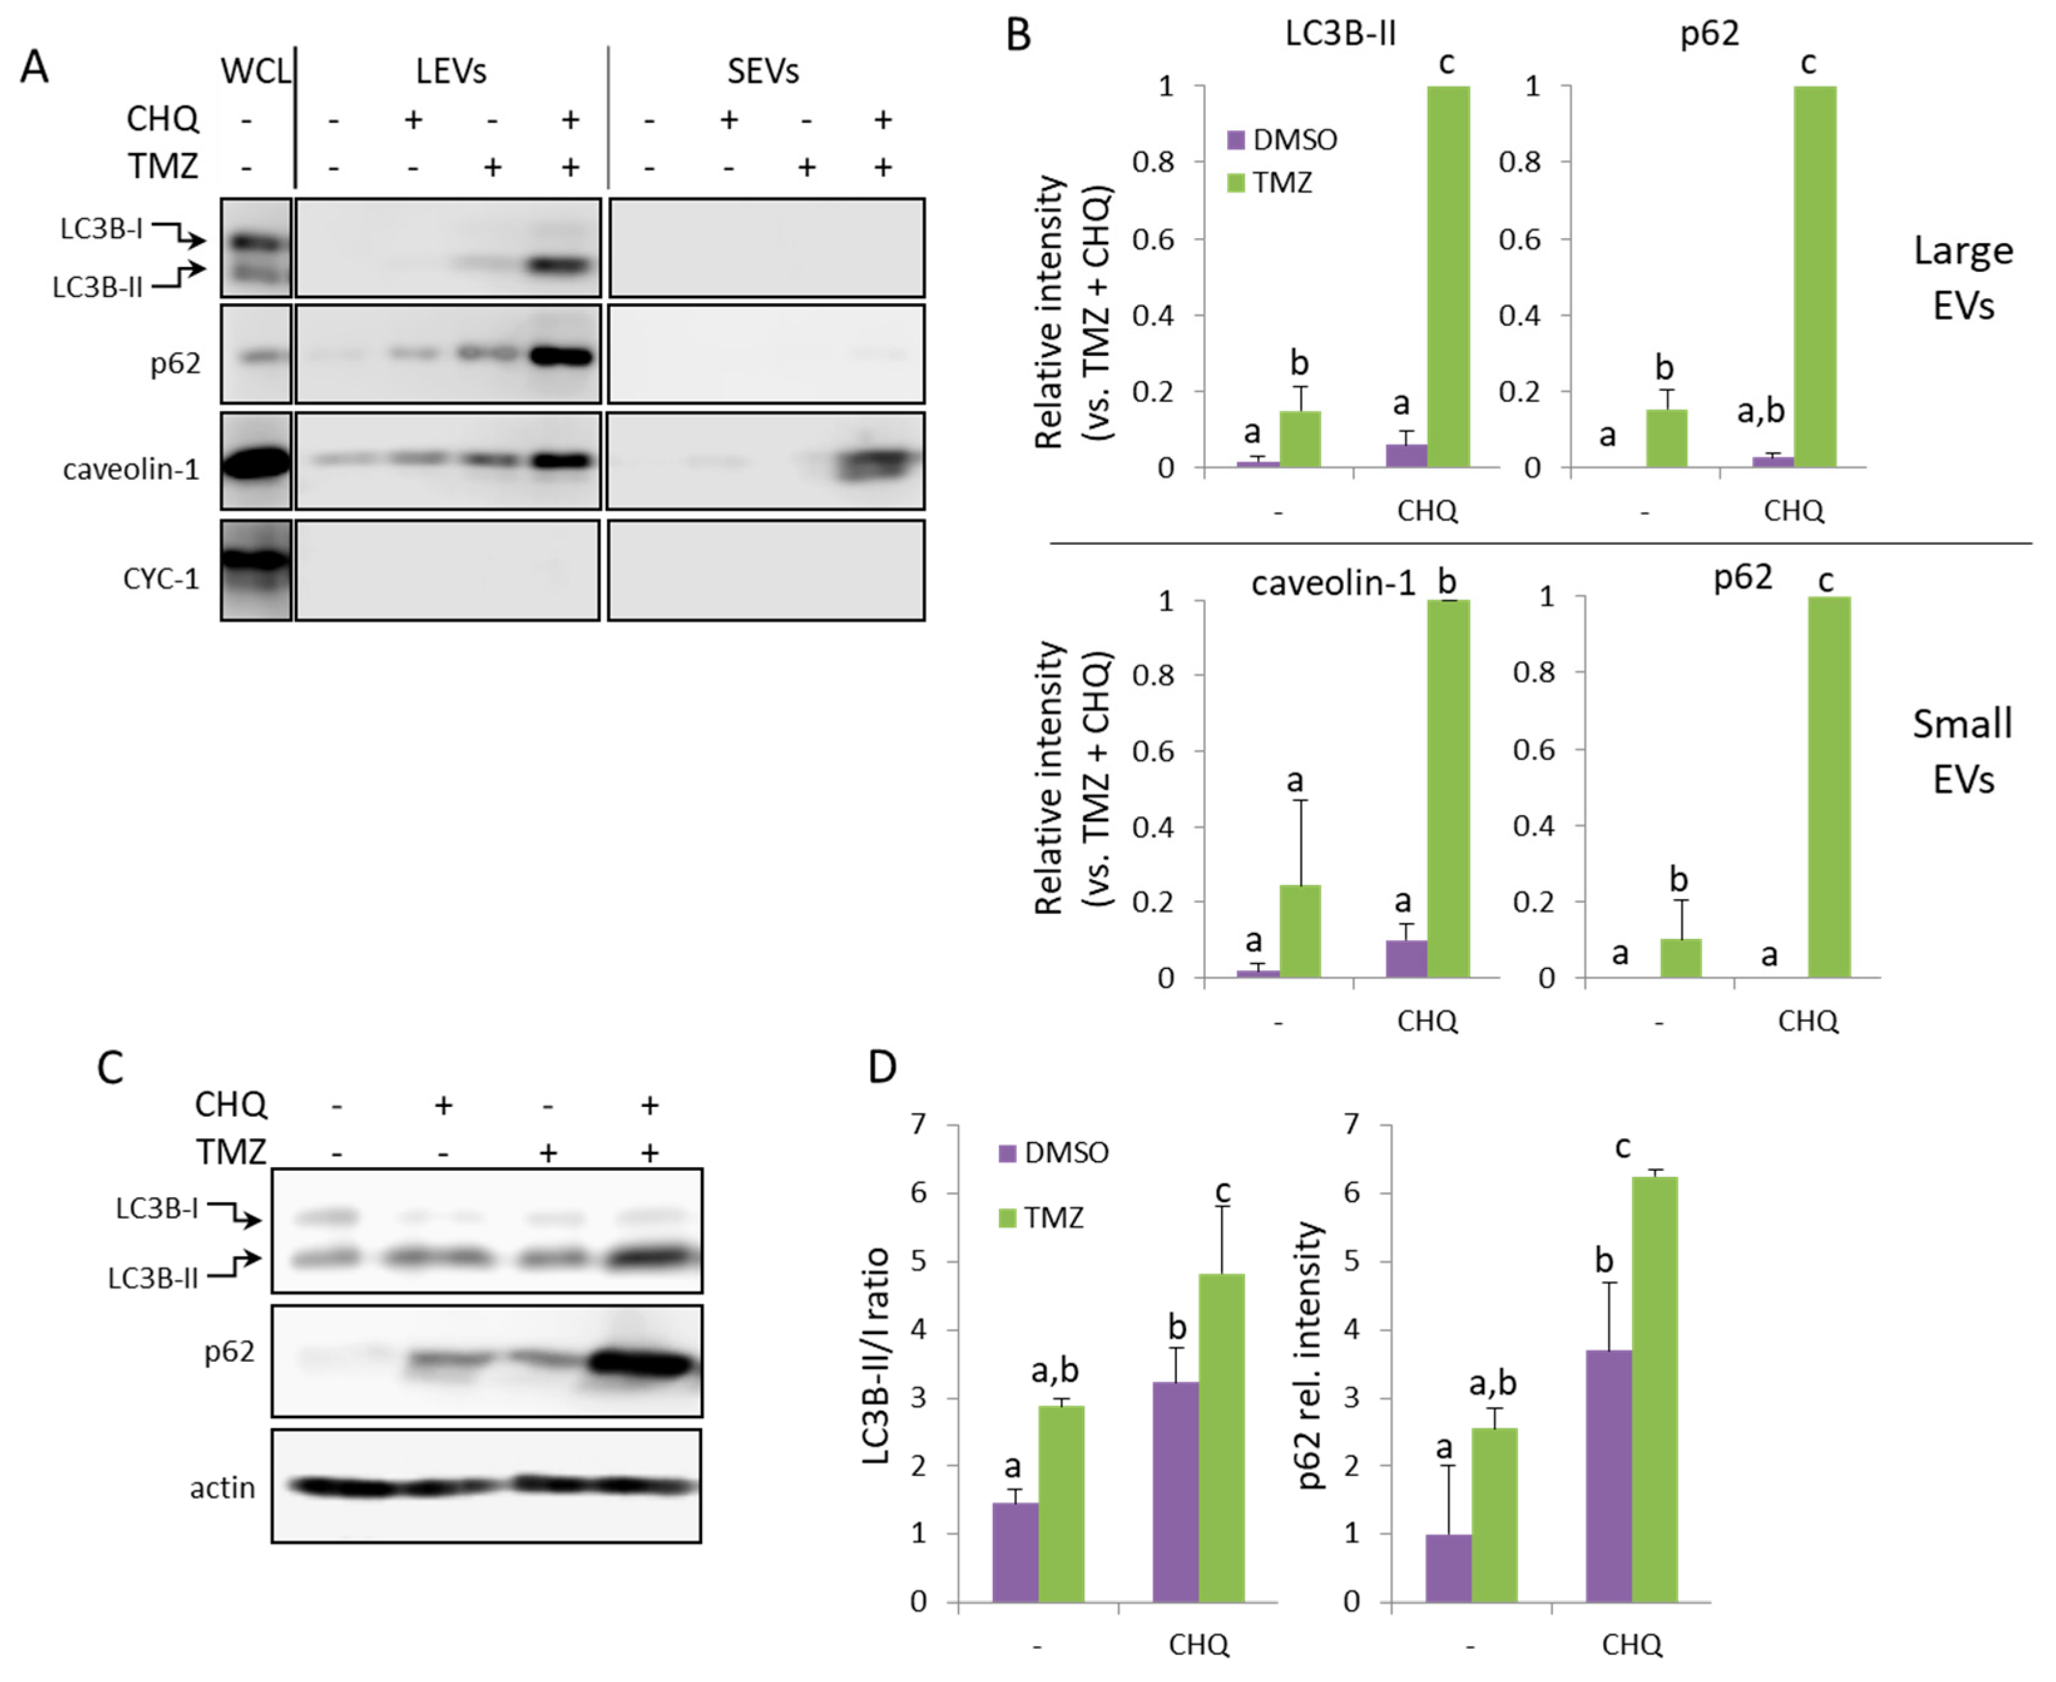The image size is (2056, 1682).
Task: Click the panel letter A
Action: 35,68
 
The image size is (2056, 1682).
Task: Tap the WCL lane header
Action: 255,71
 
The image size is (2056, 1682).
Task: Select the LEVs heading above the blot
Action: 450,71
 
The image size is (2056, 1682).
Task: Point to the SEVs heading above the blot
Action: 764,71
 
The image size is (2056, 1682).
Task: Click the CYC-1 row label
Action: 161,579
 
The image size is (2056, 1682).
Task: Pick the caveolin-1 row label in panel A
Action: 131,470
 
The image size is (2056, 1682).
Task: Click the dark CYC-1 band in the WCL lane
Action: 255,559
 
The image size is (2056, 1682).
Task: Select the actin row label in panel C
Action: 223,1487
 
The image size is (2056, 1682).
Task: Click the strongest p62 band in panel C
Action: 641,1364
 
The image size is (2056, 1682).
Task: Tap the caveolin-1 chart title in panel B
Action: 1333,583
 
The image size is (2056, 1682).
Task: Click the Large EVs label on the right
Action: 1963,278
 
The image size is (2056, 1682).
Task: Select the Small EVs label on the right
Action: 1963,751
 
